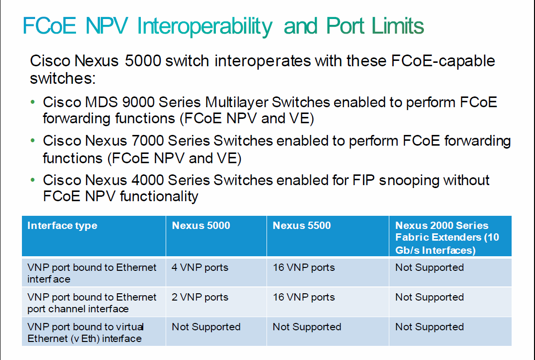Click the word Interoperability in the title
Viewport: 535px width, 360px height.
coord(205,26)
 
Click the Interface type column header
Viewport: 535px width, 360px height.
coord(62,226)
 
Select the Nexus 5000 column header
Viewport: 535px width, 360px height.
coord(201,226)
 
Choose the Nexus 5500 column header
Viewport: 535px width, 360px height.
coord(302,226)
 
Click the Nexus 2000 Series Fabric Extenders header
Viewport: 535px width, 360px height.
coord(447,238)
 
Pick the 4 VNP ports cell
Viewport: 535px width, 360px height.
coord(200,267)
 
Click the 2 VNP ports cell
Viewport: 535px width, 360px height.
coord(200,297)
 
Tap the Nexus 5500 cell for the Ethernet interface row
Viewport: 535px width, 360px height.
coord(304,267)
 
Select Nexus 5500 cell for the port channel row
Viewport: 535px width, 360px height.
coord(304,297)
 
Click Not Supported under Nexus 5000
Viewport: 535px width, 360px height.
coord(206,327)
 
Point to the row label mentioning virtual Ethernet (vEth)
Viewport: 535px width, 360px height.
coord(85,333)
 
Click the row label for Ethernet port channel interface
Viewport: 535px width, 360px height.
coord(92,303)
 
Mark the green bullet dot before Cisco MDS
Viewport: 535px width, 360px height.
coord(33,102)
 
